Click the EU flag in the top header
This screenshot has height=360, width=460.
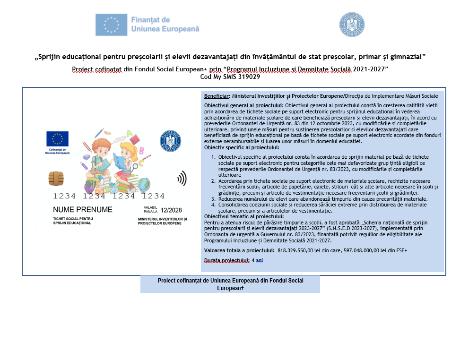pyautogui.click(x=111, y=25)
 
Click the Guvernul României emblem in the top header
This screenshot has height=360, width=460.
pyautogui.click(x=352, y=25)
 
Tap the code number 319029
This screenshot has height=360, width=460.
pyautogui.click(x=249, y=77)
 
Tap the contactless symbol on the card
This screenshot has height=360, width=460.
pyautogui.click(x=181, y=178)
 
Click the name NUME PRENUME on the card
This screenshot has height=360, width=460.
pyautogui.click(x=83, y=209)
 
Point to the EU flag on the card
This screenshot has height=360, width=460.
pyautogui.click(x=57, y=139)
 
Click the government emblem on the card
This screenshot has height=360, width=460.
pyautogui.click(x=171, y=140)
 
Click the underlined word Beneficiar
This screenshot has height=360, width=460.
pyautogui.click(x=217, y=96)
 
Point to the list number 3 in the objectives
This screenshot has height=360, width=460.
pyautogui.click(x=213, y=199)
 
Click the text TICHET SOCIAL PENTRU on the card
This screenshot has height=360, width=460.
pyautogui.click(x=73, y=219)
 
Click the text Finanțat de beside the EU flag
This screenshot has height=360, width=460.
pyautogui.click(x=150, y=20)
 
